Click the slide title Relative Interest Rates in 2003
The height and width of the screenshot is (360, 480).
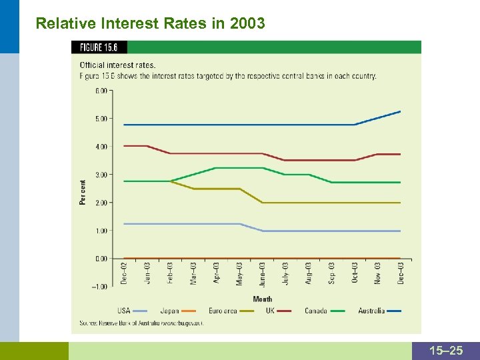coord(150,24)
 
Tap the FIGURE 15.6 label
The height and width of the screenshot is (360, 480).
coord(99,47)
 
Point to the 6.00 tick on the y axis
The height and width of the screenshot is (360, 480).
coord(102,91)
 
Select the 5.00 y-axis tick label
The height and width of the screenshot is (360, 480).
coord(102,119)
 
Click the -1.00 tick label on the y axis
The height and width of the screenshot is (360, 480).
coord(100,287)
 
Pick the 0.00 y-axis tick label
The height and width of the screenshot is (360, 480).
coord(102,259)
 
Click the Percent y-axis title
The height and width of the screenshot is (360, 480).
coord(83,192)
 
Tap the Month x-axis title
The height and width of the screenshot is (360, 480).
coord(263,299)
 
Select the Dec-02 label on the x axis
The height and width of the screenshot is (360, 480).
coord(124,273)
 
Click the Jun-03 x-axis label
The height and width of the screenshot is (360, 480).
coord(263,273)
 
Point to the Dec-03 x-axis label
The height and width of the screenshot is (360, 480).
coord(401,273)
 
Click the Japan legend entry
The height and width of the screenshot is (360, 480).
coord(169,311)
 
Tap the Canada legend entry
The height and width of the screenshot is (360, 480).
coord(316,311)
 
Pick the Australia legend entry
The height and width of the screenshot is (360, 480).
coord(371,311)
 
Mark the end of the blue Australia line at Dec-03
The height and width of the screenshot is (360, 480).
coord(400,111)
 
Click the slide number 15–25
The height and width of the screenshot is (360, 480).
coord(446,351)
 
